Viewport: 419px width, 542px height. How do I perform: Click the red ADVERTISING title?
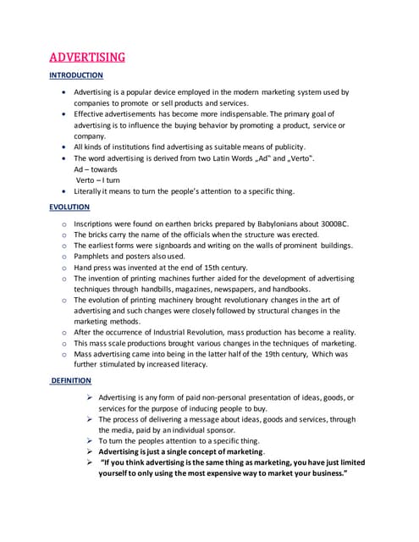click(x=88, y=58)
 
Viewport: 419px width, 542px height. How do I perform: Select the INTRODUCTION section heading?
click(x=76, y=75)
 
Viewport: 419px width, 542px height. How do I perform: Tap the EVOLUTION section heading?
click(x=69, y=207)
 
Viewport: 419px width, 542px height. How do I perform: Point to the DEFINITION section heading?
click(x=72, y=381)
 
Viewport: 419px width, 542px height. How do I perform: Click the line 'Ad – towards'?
click(x=96, y=169)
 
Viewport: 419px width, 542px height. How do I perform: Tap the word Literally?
click(x=91, y=191)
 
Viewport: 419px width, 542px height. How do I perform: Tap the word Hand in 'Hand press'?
click(x=83, y=267)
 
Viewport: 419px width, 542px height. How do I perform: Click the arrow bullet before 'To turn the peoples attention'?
click(x=90, y=441)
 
